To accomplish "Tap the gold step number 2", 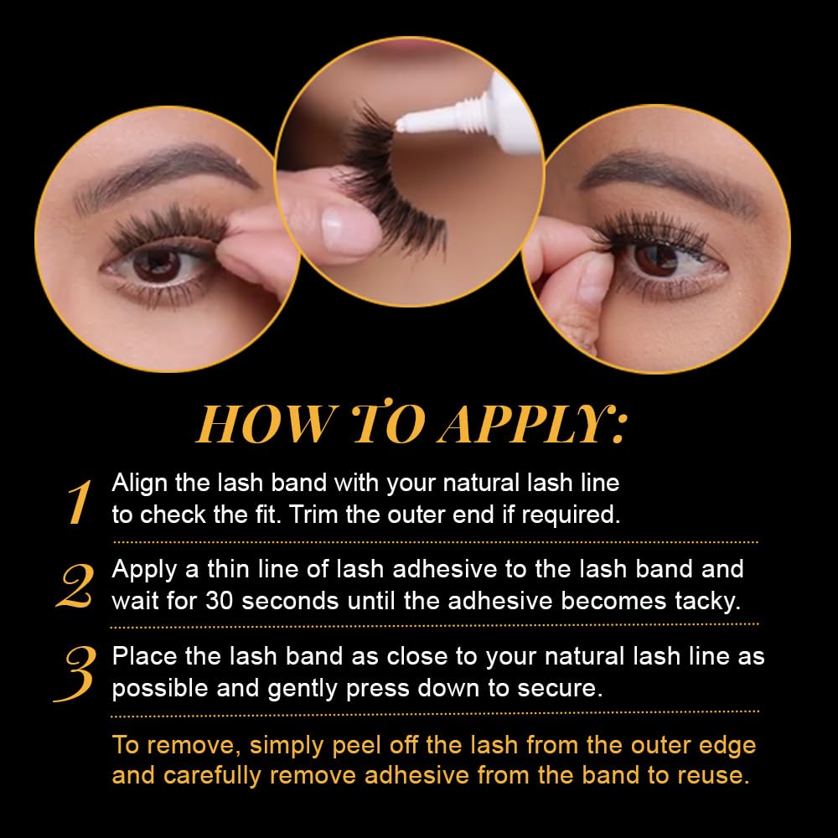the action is coord(75,587).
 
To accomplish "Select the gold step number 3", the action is coord(75,674).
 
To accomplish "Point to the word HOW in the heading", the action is coord(267,424).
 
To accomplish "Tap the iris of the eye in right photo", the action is coord(656,259).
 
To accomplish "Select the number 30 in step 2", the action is coord(219,601).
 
